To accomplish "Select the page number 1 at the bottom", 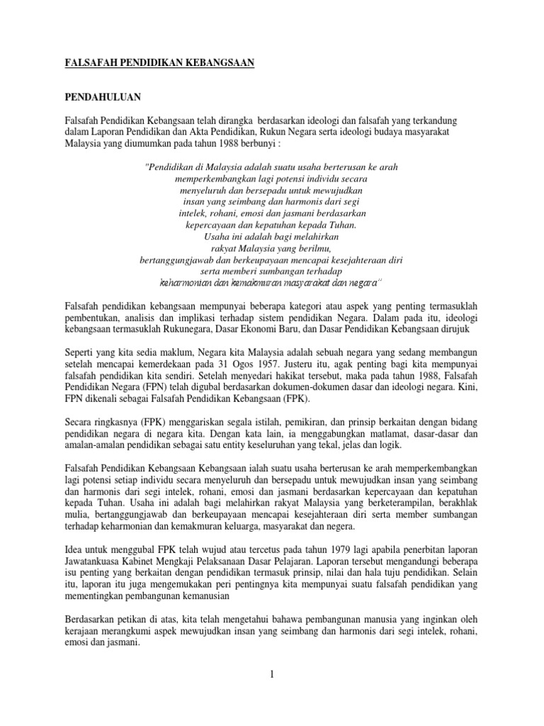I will click(x=271, y=674).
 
